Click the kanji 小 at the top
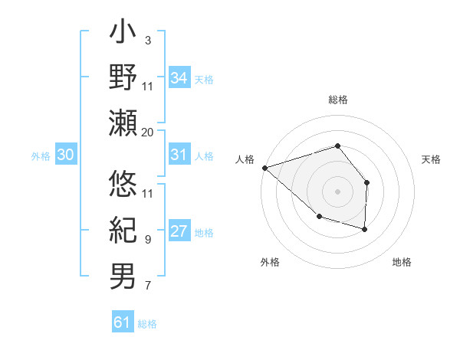tap(123, 34)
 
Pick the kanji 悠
tap(123, 185)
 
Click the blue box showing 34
tap(179, 77)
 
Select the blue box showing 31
tap(179, 155)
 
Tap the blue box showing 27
tap(179, 232)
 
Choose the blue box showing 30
tap(66, 155)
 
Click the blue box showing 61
tap(123, 322)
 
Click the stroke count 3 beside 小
tap(147, 40)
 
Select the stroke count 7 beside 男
tap(147, 286)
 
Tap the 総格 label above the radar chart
tap(337, 100)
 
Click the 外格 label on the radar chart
tap(270, 263)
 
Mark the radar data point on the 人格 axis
tap(264, 167)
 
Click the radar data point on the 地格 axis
tap(365, 229)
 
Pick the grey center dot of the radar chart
tap(337, 191)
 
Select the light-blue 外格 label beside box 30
tap(41, 155)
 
